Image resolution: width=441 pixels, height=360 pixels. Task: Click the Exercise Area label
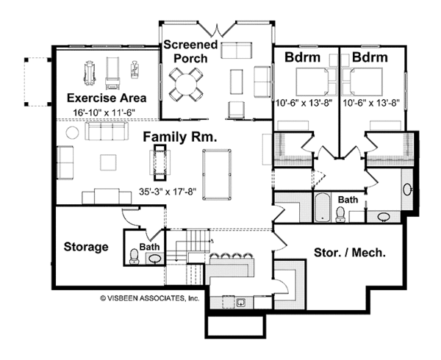(107, 97)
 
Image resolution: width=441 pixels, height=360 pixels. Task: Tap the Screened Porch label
(190, 51)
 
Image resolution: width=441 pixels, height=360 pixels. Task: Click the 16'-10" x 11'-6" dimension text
(107, 112)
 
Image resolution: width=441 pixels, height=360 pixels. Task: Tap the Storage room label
(86, 247)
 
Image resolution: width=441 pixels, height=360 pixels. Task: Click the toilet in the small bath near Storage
(133, 256)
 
